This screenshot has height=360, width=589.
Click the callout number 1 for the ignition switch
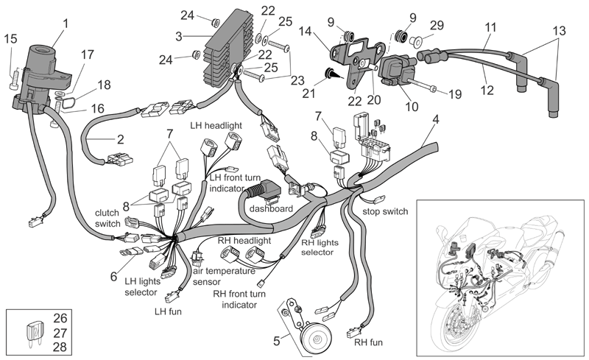[x=66, y=24]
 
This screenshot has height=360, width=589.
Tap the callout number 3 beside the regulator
[x=179, y=37]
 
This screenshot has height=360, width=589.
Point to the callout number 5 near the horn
[x=277, y=341]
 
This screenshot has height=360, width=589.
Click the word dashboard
[x=271, y=208]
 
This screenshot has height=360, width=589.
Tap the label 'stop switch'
[x=385, y=211]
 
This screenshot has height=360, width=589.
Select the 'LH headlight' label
[x=216, y=125]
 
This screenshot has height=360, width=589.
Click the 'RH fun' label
[x=369, y=342]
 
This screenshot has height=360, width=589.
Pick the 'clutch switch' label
[x=107, y=219]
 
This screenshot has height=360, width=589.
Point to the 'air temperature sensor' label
[x=224, y=276]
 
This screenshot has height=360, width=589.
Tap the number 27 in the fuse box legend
[x=60, y=333]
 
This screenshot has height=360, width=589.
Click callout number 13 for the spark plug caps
[x=560, y=31]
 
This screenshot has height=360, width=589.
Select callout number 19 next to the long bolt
[x=455, y=94]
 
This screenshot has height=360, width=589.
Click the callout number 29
[x=437, y=25]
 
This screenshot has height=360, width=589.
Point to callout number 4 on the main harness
[x=436, y=119]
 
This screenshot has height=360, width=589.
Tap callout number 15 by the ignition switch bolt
[x=11, y=38]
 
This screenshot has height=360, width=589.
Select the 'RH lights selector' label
[x=320, y=247]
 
